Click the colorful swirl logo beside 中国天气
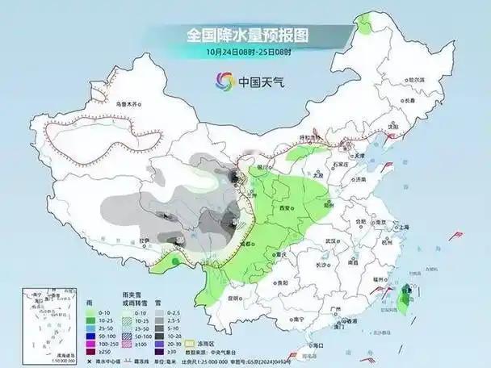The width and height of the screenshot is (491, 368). [x=224, y=81]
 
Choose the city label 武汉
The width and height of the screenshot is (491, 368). [x=329, y=241]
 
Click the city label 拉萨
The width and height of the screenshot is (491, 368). [x=143, y=240]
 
